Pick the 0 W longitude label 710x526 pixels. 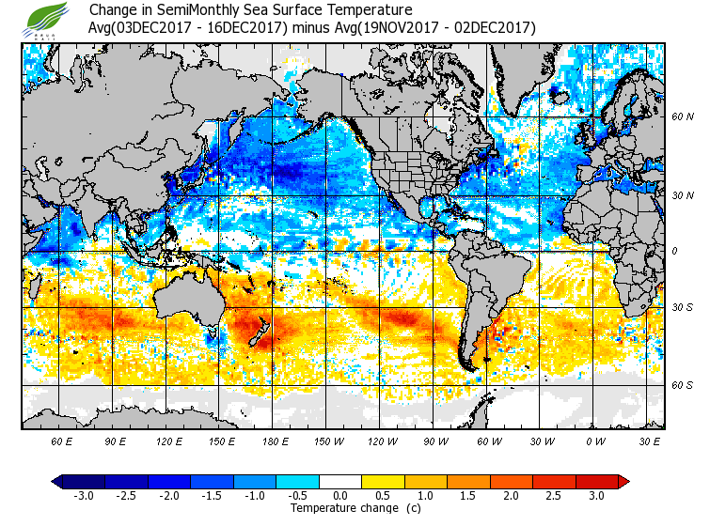594,441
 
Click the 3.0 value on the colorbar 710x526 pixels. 595,495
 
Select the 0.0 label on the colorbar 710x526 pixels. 341,495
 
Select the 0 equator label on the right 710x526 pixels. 675,252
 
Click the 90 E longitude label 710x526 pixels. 116,441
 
